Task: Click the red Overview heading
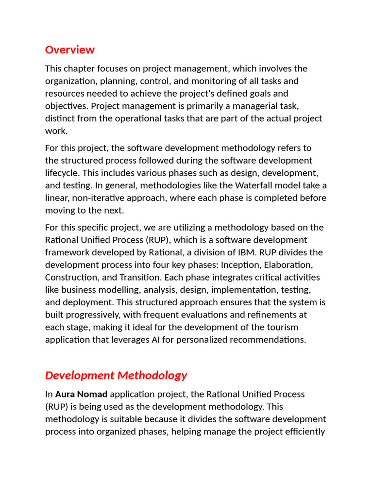(70, 50)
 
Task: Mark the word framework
(68, 252)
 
